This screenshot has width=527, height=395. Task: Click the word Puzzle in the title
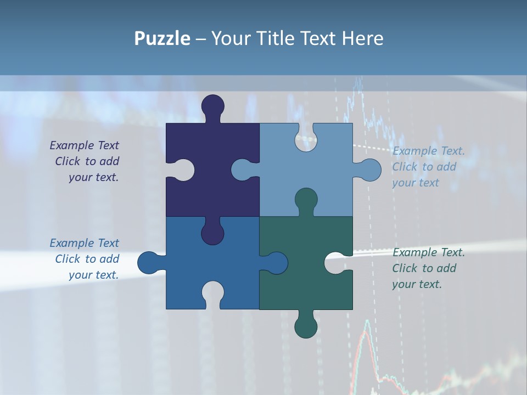[162, 38]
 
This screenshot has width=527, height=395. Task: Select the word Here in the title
[362, 38]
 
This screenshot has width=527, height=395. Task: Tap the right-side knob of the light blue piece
[369, 170]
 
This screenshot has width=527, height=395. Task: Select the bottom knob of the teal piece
[306, 326]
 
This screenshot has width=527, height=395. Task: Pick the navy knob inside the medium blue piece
[212, 232]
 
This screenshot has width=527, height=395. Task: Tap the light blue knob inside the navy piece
[243, 170]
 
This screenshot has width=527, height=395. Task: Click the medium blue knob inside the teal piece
[276, 263]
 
